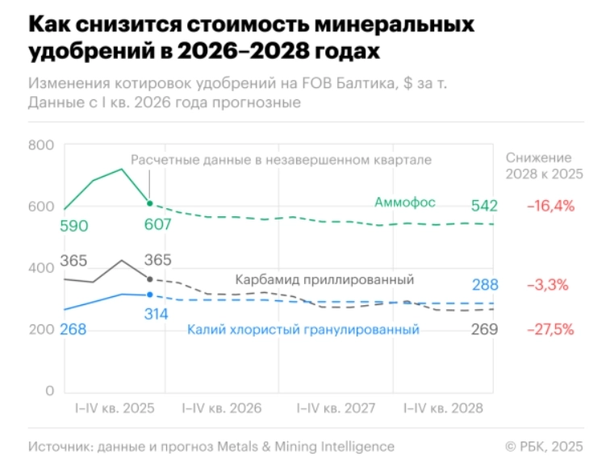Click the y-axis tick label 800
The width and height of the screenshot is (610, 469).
[40, 145]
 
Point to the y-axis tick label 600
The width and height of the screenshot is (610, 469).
[40, 207]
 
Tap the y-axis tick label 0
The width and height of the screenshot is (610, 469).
[49, 391]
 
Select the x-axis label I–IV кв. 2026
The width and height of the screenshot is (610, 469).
[222, 408]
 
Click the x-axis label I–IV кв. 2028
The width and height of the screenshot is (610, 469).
[443, 408]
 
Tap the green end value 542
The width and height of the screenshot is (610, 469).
[484, 206]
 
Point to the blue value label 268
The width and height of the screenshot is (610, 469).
[75, 329]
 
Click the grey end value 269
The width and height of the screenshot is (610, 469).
[484, 329]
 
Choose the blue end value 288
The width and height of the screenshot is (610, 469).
[484, 284]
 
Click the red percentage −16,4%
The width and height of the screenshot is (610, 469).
[550, 206]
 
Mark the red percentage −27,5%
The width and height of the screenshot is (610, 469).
[550, 329]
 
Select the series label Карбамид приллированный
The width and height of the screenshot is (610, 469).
[324, 279]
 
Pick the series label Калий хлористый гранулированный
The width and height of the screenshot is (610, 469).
[303, 329]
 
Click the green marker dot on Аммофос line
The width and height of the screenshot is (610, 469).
[150, 203]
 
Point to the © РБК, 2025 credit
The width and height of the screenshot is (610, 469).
[543, 446]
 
